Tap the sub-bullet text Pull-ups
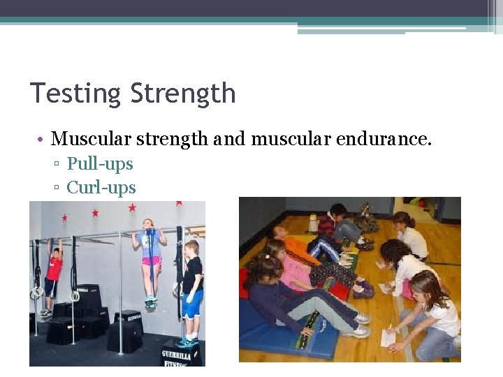100,164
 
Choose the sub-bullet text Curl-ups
101,187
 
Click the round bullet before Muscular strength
42,140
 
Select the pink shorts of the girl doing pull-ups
152,262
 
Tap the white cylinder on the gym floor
314,223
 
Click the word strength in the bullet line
175,139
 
